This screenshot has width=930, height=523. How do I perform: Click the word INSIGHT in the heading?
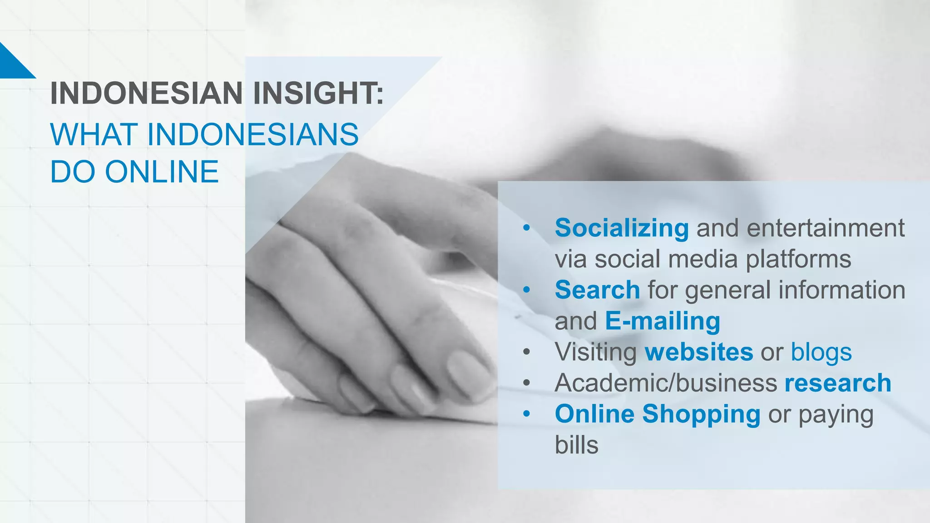318,94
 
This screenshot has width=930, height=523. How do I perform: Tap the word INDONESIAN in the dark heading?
146,94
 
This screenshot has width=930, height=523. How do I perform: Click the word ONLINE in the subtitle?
162,172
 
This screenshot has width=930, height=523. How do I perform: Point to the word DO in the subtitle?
72,172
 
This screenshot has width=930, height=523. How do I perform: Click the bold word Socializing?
622,228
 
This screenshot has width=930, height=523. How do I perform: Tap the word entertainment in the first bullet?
826,228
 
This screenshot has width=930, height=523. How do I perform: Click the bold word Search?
597,290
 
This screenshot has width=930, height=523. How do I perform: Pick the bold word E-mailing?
663,321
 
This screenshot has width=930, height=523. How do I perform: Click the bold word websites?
699,352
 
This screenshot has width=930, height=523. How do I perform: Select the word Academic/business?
666,383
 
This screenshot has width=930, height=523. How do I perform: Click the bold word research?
838,383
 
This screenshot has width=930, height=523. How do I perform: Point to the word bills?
576,445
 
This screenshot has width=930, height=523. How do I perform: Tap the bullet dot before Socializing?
526,228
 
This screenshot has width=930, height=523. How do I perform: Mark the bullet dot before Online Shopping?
526,414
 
